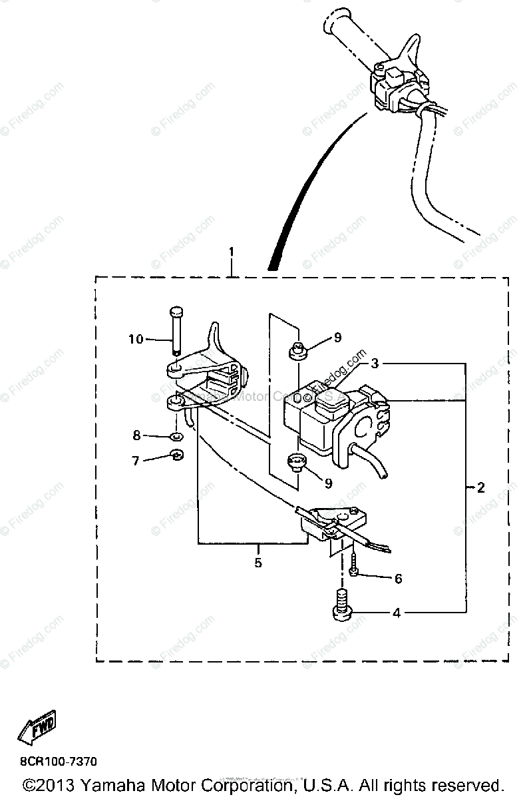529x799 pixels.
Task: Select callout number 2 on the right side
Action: click(x=480, y=488)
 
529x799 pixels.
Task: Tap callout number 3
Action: click(x=375, y=364)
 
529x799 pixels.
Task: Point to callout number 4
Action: click(x=397, y=613)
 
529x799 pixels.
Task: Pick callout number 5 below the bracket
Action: click(x=258, y=563)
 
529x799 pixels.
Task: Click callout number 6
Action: click(x=398, y=579)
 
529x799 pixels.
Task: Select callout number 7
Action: click(x=136, y=460)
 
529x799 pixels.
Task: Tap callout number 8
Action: click(x=136, y=436)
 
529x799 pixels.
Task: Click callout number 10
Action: click(x=136, y=340)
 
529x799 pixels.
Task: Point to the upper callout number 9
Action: click(x=337, y=338)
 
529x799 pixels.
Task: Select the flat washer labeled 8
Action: click(x=176, y=437)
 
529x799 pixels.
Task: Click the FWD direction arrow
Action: click(x=37, y=728)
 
